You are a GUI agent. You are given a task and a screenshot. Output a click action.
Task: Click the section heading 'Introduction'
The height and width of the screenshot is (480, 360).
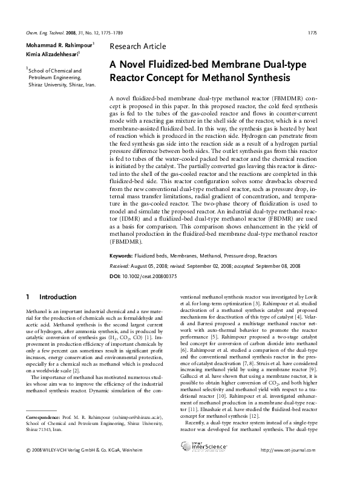coord(58,297)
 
